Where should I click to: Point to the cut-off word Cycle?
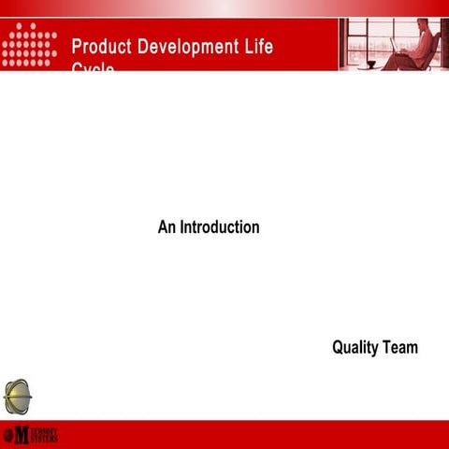[94, 68]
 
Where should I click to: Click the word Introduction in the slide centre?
[220, 227]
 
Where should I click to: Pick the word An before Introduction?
[167, 227]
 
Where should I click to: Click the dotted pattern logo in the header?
[30, 45]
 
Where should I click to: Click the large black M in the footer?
[22, 435]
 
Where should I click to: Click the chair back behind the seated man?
[433, 51]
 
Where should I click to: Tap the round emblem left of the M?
[7, 435]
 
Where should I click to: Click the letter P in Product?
[77, 46]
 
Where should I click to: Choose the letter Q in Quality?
[338, 348]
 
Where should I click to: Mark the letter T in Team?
[387, 348]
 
